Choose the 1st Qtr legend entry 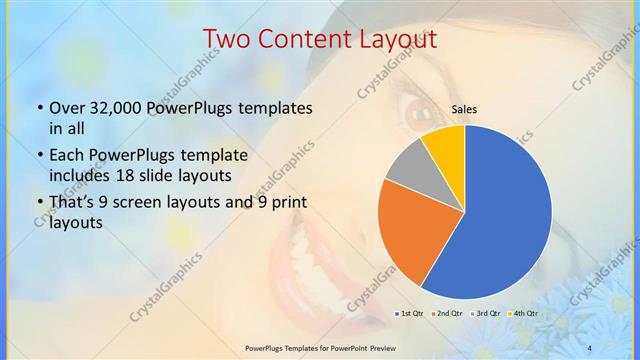[x=411, y=314]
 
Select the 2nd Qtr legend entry [x=446, y=314]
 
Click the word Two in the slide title [x=226, y=40]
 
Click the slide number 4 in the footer [x=589, y=347]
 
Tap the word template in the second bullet [x=214, y=156]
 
